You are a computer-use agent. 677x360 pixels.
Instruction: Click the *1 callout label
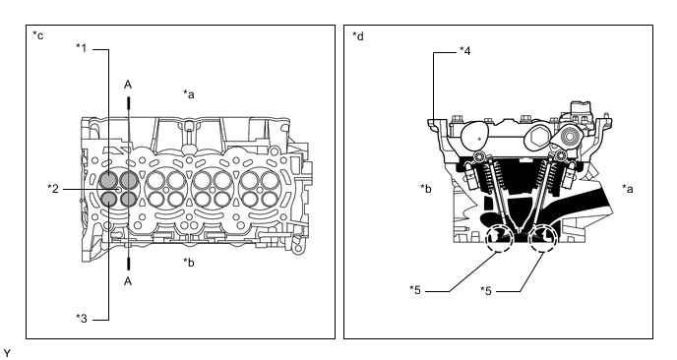point(82,48)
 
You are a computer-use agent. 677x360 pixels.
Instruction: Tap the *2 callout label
point(53,189)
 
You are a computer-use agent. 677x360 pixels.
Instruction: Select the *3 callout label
point(82,319)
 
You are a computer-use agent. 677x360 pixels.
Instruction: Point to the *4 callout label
point(465,51)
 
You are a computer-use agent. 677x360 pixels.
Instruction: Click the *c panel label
point(38,35)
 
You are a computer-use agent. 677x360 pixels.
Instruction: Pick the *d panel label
point(358,35)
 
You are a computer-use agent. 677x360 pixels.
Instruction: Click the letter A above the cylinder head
point(128,85)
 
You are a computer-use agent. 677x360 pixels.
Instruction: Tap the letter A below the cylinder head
point(128,281)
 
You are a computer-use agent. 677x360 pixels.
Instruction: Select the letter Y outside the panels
point(6,353)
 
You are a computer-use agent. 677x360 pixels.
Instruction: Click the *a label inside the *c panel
point(189,93)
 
